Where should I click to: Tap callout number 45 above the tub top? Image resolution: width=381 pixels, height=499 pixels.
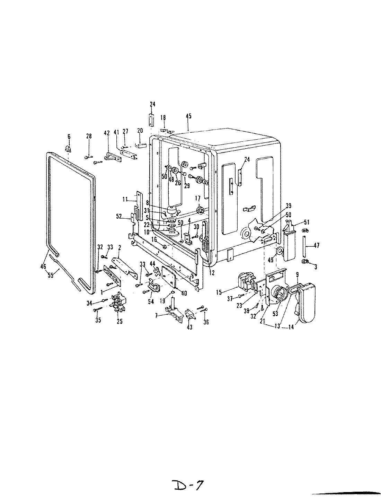click(x=189, y=116)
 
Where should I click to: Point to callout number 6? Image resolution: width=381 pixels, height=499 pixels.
click(x=69, y=137)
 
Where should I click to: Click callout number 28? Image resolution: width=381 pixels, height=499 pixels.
click(x=89, y=137)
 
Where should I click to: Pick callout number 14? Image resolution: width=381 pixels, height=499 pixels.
click(x=291, y=327)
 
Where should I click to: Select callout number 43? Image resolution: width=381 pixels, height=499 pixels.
click(x=189, y=327)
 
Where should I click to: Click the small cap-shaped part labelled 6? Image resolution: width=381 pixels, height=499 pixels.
click(x=69, y=149)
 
